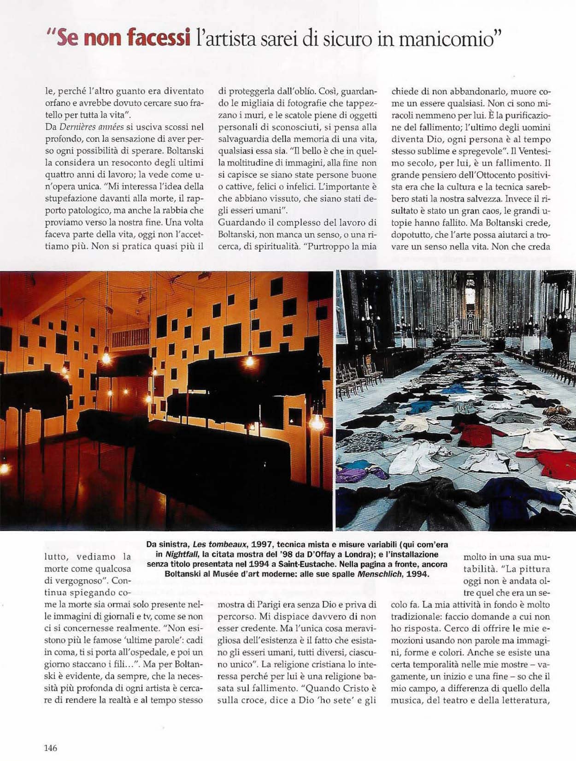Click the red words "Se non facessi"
[x=123, y=38]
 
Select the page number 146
[x=51, y=748]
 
